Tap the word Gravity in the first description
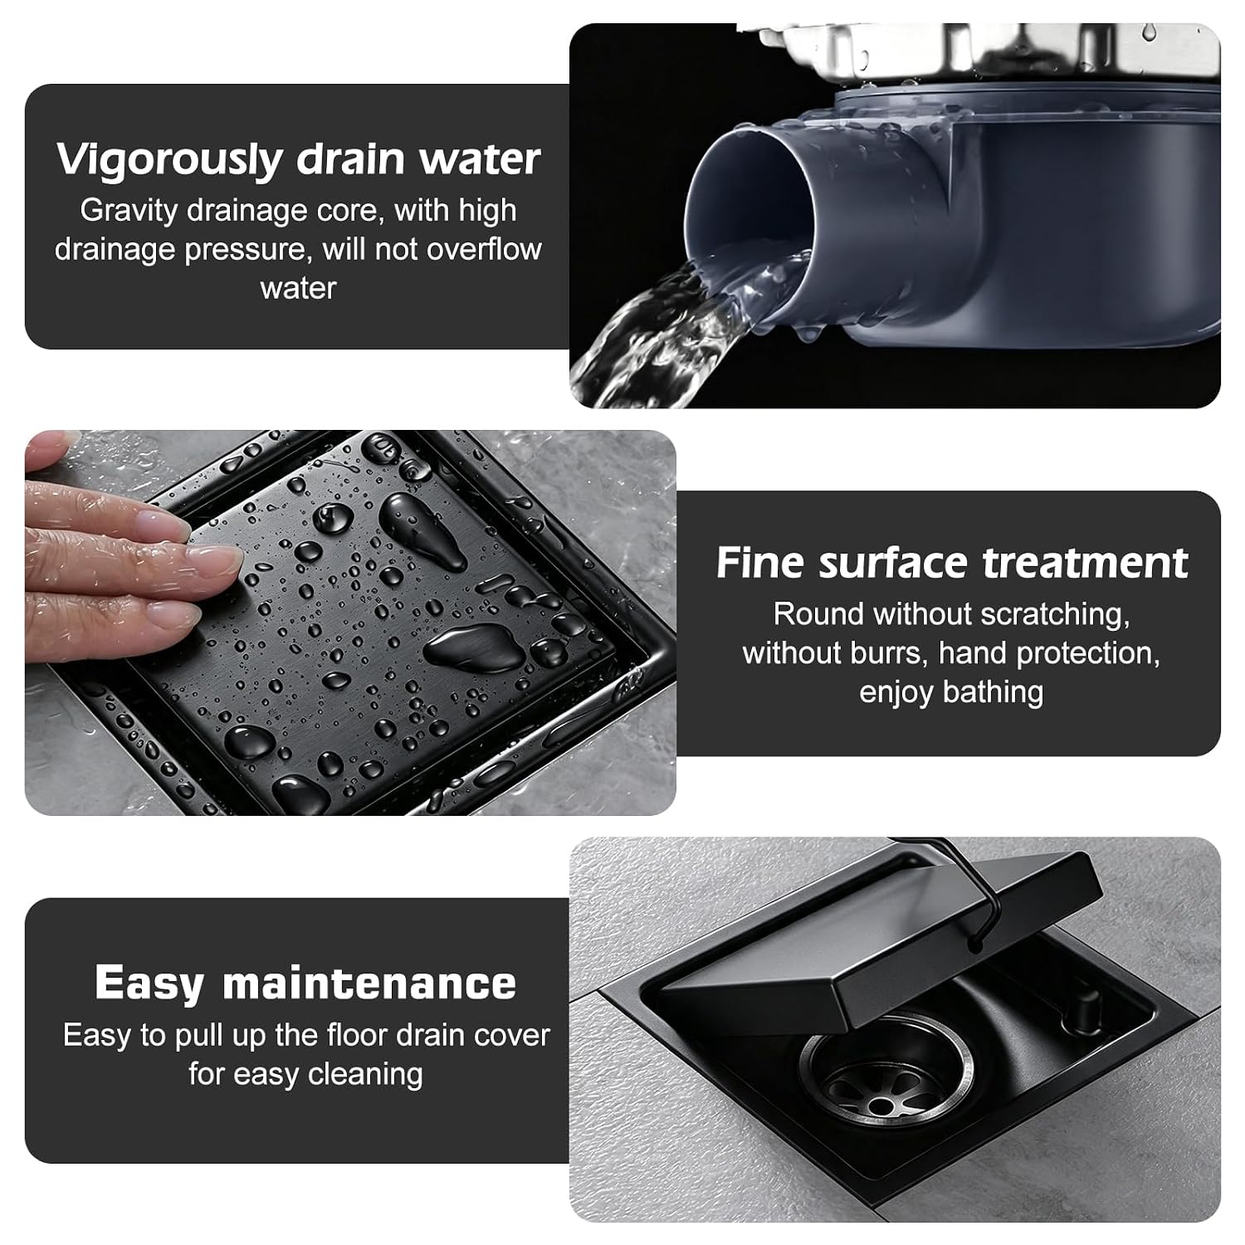tap(129, 212)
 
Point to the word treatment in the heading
tap(1085, 563)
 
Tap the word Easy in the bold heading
tap(149, 984)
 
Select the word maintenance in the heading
tap(369, 984)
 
